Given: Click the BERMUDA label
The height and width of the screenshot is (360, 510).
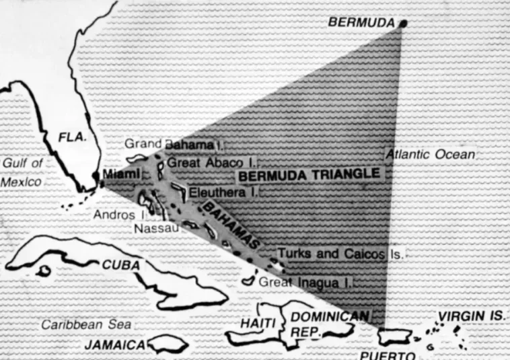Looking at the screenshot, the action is pyautogui.click(x=361, y=22).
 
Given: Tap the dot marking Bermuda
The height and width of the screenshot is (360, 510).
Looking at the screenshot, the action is pyautogui.click(x=403, y=25).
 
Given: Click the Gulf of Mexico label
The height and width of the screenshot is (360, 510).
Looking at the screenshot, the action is pyautogui.click(x=23, y=172).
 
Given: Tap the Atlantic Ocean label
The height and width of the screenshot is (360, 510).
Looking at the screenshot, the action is pyautogui.click(x=430, y=154).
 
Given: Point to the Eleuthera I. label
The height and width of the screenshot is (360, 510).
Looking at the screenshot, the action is pyautogui.click(x=223, y=192).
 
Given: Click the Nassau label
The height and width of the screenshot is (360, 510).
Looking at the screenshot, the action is pyautogui.click(x=156, y=229).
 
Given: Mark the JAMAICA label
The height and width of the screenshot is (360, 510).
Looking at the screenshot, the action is pyautogui.click(x=115, y=345).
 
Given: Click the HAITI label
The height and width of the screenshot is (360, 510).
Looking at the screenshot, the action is pyautogui.click(x=258, y=324).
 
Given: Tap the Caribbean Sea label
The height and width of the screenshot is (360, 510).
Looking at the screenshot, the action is pyautogui.click(x=87, y=324).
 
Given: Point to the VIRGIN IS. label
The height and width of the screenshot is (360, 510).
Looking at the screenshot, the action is pyautogui.click(x=472, y=316).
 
